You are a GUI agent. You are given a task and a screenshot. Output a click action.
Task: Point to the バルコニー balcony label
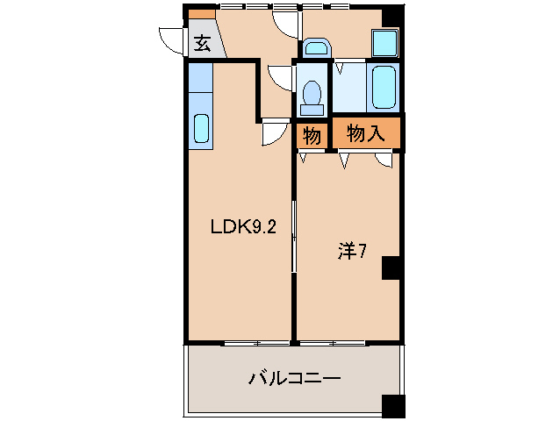tap(294, 379)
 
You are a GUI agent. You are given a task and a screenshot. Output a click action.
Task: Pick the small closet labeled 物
tap(311, 135)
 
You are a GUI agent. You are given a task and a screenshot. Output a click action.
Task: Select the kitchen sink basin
tap(201, 129)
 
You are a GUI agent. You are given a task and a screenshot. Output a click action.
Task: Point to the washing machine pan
tap(384, 42)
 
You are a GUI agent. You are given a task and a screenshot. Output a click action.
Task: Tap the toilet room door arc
tap(281, 78)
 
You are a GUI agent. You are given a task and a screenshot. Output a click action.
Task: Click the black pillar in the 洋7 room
tap(391, 268)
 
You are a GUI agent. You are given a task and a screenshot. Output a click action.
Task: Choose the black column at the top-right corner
tap(391, 14)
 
